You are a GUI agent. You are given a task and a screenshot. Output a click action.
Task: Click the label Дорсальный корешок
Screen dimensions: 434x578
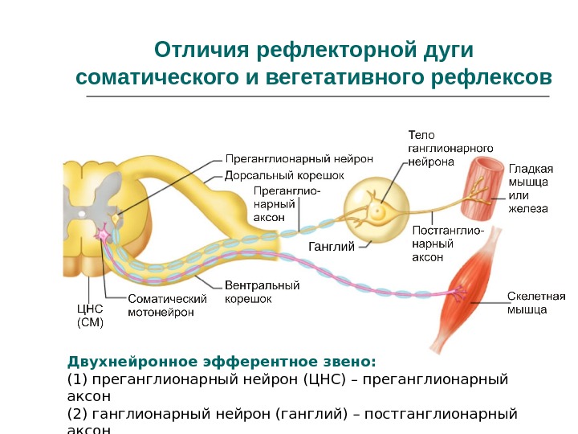coord(284,174)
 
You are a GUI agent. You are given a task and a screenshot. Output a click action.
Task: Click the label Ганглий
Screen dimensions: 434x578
coord(331,247)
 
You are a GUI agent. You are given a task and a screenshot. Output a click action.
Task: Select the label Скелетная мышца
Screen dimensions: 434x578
coord(536,302)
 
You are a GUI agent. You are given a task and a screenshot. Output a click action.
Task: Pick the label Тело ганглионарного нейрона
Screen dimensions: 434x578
coord(450,148)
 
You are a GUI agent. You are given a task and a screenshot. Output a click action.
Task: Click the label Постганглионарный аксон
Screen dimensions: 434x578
coord(447,244)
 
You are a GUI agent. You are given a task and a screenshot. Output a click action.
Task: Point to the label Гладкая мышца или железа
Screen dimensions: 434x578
coord(531,189)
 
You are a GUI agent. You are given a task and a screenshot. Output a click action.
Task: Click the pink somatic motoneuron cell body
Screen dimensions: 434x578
coord(104,234)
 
